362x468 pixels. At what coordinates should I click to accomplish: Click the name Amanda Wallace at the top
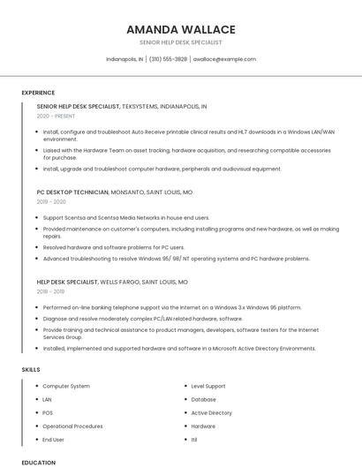[181, 29]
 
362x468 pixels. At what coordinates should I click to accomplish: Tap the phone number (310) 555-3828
[168, 59]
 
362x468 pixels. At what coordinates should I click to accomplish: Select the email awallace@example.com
[224, 59]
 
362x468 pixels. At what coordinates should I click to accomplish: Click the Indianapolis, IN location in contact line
[124, 59]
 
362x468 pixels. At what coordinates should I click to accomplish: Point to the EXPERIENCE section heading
[38, 93]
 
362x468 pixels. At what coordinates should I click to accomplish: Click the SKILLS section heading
[31, 369]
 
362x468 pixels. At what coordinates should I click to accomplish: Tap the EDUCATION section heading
[39, 462]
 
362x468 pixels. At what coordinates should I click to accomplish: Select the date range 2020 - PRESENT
[56, 116]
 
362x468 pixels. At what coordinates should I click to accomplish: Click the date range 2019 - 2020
[52, 201]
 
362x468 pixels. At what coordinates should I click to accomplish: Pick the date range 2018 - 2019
[51, 291]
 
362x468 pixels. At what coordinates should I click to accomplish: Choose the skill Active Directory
[211, 412]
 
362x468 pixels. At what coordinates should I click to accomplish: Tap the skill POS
[48, 412]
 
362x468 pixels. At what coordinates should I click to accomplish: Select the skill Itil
[195, 439]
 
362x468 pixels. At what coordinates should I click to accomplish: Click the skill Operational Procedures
[72, 426]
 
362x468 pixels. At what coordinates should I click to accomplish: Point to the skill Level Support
[208, 386]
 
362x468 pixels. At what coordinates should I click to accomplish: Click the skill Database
[203, 399]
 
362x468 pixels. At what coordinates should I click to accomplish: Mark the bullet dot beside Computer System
[36, 386]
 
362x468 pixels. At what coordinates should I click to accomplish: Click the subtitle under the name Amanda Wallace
[181, 42]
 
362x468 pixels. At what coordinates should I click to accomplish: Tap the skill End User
[53, 439]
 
